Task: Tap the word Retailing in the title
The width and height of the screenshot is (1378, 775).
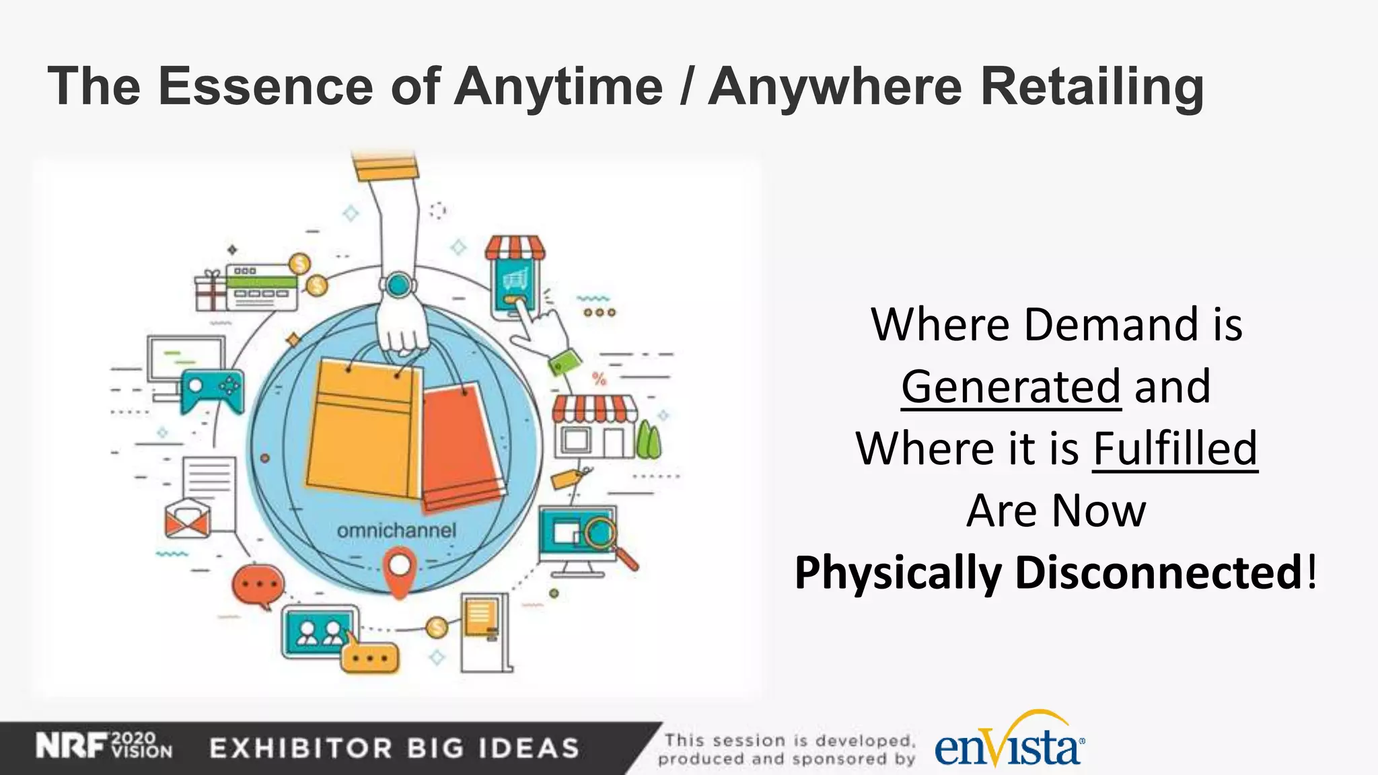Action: (1091, 87)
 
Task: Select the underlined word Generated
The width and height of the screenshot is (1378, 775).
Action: (1011, 387)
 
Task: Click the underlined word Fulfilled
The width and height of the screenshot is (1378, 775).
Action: (1175, 449)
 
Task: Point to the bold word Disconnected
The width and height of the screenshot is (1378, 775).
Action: (1159, 573)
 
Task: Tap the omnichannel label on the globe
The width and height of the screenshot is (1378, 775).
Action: (396, 531)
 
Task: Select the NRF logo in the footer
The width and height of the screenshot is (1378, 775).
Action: (71, 747)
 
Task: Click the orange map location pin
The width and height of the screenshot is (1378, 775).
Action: (399, 570)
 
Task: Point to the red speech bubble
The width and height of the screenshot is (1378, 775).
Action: (257, 585)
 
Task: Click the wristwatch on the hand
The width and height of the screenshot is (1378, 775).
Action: (398, 285)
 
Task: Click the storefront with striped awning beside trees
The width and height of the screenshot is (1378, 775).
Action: (594, 427)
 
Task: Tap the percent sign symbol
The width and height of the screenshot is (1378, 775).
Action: (599, 379)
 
